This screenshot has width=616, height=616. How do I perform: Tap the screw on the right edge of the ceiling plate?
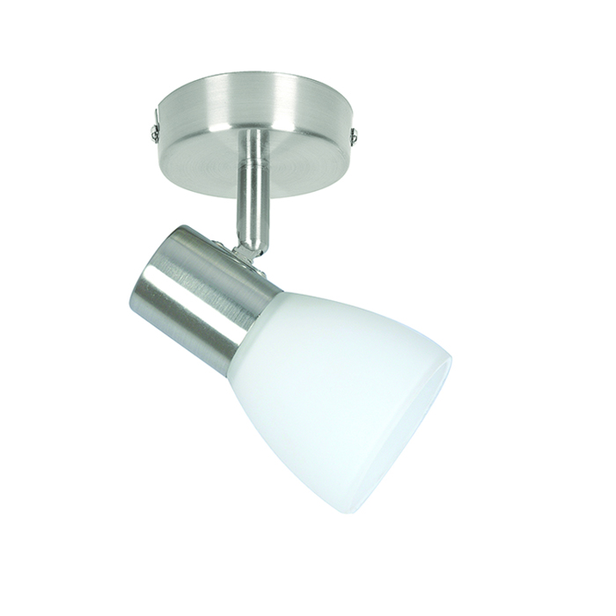click(356, 136)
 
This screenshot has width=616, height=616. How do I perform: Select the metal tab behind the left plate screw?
click(155, 112)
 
